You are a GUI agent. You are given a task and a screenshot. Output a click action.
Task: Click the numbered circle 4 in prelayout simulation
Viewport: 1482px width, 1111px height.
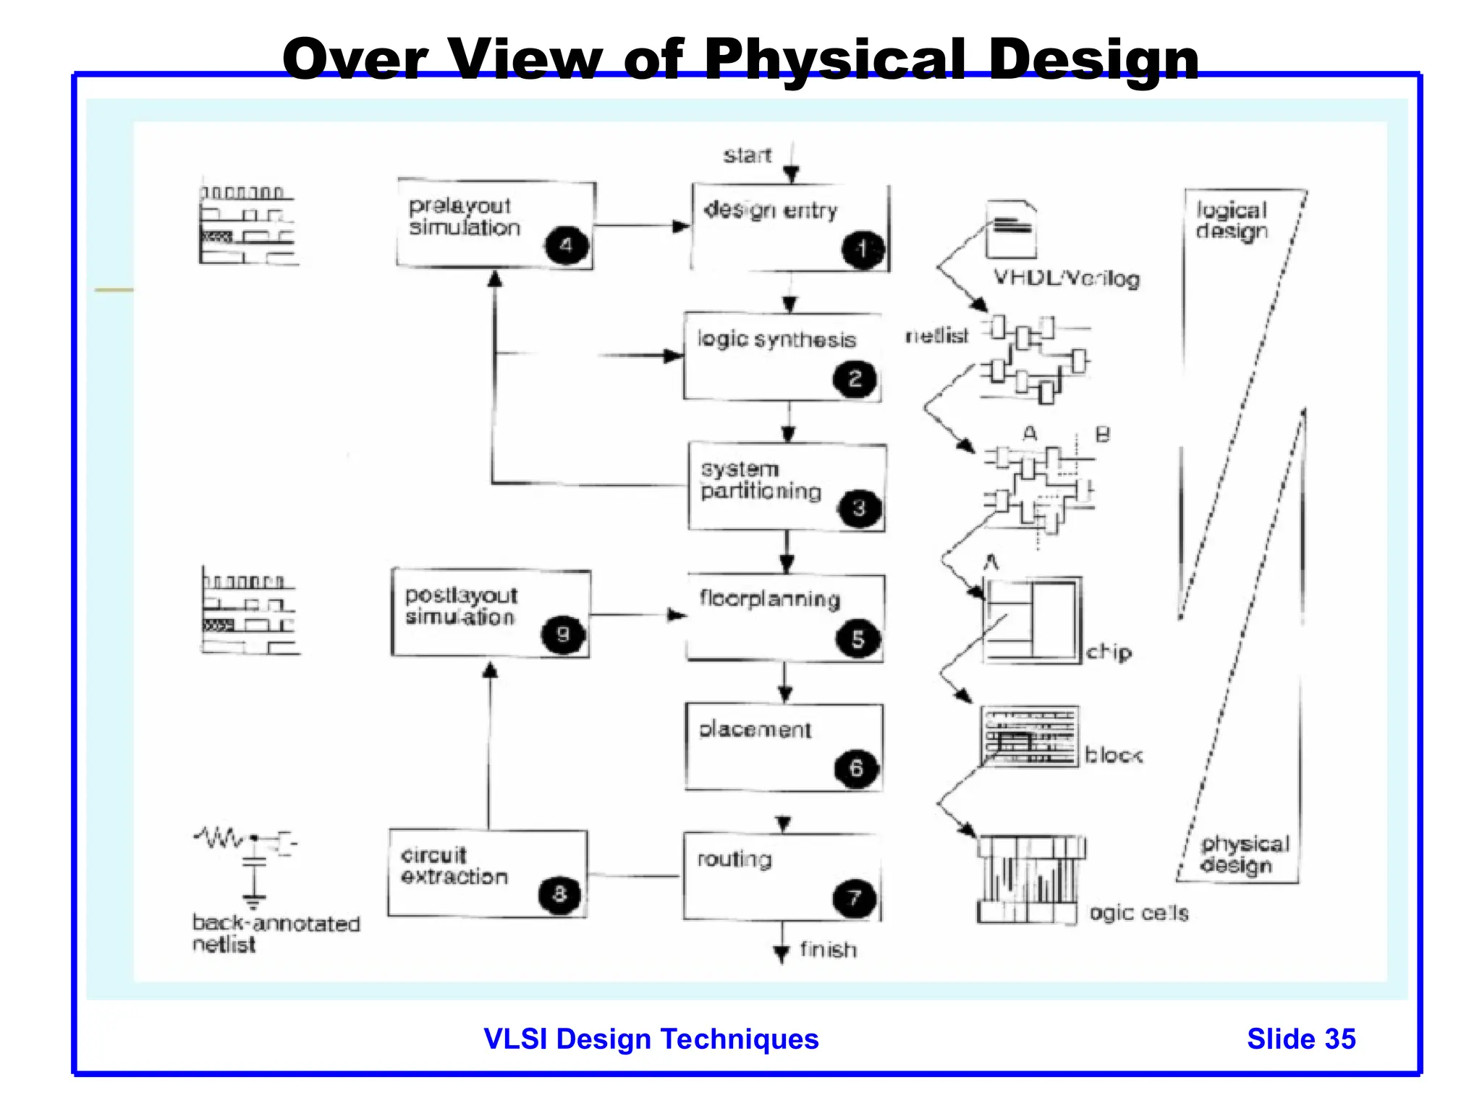pos(567,245)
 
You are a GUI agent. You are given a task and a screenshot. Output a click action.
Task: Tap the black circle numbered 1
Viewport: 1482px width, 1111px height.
pos(862,250)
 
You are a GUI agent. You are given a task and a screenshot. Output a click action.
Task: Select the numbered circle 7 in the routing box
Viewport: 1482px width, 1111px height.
pos(855,898)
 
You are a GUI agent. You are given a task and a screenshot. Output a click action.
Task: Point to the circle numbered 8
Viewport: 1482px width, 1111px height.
pos(559,894)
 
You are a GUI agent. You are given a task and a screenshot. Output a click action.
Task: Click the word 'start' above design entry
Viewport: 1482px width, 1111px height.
pos(747,156)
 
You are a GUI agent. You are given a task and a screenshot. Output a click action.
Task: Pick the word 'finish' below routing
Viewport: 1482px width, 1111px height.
pos(828,949)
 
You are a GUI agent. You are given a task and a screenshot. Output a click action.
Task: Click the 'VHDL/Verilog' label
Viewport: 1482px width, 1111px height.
pos(1066,278)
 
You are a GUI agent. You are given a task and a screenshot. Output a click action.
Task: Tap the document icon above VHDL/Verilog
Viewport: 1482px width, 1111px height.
pos(1011,229)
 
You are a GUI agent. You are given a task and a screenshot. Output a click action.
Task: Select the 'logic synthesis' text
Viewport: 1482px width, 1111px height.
pos(776,339)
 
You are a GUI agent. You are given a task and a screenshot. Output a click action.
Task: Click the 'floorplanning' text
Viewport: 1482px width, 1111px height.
pos(769,599)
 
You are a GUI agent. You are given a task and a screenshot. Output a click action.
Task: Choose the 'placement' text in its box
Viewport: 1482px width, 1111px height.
pos(755,729)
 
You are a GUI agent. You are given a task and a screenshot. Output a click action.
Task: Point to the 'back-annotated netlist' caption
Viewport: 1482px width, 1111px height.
pos(276,933)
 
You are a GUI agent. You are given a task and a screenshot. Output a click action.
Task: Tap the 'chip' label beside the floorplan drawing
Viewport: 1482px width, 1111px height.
pos(1109,652)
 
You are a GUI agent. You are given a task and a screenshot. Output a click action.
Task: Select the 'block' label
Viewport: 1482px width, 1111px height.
pos(1113,756)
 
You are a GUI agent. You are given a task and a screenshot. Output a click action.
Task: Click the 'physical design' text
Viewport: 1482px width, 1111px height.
pos(1245,854)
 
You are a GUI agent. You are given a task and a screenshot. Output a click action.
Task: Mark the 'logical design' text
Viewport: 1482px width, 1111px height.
pos(1231,221)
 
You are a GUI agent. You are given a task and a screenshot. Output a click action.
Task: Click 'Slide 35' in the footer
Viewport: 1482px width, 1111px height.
pos(1301,1039)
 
